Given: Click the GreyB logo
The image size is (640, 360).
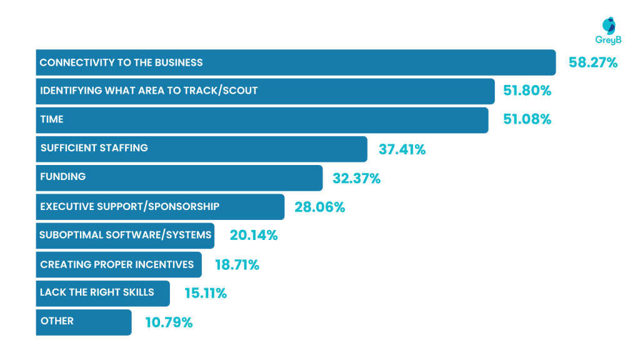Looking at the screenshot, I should (608, 31).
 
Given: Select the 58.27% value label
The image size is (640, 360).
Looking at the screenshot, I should (592, 62).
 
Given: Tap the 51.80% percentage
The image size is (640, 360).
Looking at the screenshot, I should (527, 91).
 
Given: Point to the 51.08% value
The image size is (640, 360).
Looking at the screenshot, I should (527, 119).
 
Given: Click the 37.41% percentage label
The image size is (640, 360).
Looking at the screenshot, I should (402, 149).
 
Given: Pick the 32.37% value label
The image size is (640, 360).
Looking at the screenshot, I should (356, 178).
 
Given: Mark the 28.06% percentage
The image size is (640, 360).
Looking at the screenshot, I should (319, 207).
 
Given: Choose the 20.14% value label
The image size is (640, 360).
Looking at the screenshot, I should (253, 236).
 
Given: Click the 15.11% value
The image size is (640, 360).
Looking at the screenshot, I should (205, 293).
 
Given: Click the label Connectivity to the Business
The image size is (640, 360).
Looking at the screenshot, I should (121, 62).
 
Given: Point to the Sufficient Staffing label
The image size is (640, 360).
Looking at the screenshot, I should (94, 148).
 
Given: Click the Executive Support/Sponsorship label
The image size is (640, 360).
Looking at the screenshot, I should (129, 206).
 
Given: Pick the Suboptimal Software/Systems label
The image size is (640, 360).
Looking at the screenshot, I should (126, 236).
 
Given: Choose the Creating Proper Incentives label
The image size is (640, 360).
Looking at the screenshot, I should (117, 264).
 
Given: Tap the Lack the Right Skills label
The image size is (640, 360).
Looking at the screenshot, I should (97, 292).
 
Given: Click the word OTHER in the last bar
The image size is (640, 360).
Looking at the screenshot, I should (57, 321).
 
